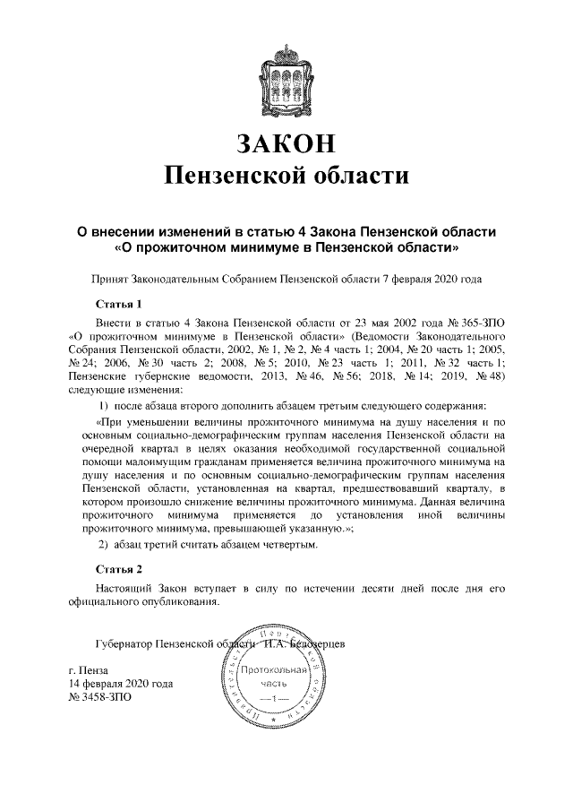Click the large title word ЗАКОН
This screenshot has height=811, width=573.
(286, 142)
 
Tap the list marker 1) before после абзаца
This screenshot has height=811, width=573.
(103, 407)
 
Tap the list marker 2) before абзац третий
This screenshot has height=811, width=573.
(103, 546)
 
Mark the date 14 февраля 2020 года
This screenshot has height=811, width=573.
(121, 684)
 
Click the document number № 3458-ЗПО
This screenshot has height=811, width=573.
(100, 697)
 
